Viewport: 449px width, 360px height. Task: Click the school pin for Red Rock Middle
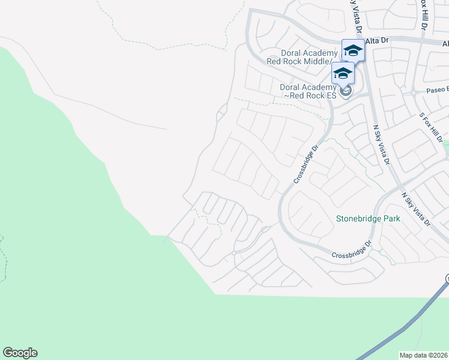pos(353,50)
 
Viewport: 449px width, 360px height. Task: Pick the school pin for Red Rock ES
pos(343,73)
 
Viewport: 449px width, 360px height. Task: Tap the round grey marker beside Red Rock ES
pos(345,92)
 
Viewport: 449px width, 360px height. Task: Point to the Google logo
pos(20,353)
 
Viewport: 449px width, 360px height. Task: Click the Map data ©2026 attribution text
pos(424,355)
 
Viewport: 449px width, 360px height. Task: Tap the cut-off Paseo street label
pos(437,90)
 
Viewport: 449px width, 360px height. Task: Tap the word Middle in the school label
pos(317,61)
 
